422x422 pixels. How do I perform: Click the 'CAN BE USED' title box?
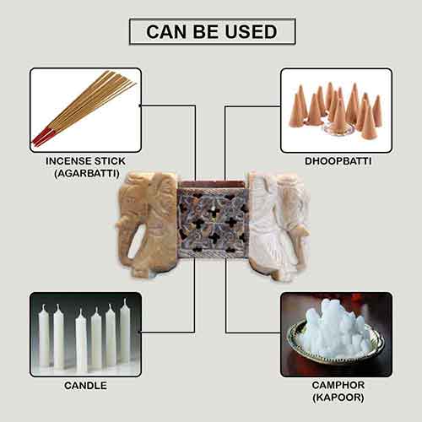click(211, 31)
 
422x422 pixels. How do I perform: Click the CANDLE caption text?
click(85, 387)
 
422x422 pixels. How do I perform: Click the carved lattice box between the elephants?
click(211, 223)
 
